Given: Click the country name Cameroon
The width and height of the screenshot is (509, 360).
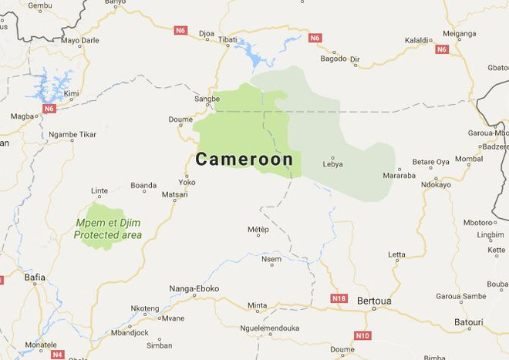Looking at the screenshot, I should coord(244,160).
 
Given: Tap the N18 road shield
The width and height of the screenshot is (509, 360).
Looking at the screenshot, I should coord(339,298).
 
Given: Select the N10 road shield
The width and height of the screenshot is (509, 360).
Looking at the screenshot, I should coord(362,335).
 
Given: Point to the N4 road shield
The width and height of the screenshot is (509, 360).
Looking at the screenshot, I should coord(58,355).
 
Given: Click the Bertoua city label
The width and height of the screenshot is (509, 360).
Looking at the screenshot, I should coord(374,300).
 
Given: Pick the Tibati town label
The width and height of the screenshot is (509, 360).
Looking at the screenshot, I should coord(228,39).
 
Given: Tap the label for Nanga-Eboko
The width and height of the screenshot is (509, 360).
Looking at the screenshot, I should coord(194,289).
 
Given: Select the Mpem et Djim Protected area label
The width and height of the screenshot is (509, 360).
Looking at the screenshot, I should coord(108,229).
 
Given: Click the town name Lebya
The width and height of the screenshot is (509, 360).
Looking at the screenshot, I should coord(332,164).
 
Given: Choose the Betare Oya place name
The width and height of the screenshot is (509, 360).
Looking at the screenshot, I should coord(430,162).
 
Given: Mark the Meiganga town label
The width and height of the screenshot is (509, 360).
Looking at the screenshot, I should coord(459,33).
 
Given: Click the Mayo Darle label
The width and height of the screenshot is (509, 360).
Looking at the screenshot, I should coord(80,40).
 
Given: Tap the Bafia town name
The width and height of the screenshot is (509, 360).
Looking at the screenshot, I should coord(35,277).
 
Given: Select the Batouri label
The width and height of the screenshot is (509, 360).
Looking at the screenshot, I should coord(469,321).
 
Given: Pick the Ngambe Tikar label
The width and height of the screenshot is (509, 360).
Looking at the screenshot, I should coord(72,134).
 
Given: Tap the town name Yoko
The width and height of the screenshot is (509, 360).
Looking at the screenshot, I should coord(187,183).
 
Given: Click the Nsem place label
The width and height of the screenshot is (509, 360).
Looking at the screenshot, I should coord(271,260).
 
